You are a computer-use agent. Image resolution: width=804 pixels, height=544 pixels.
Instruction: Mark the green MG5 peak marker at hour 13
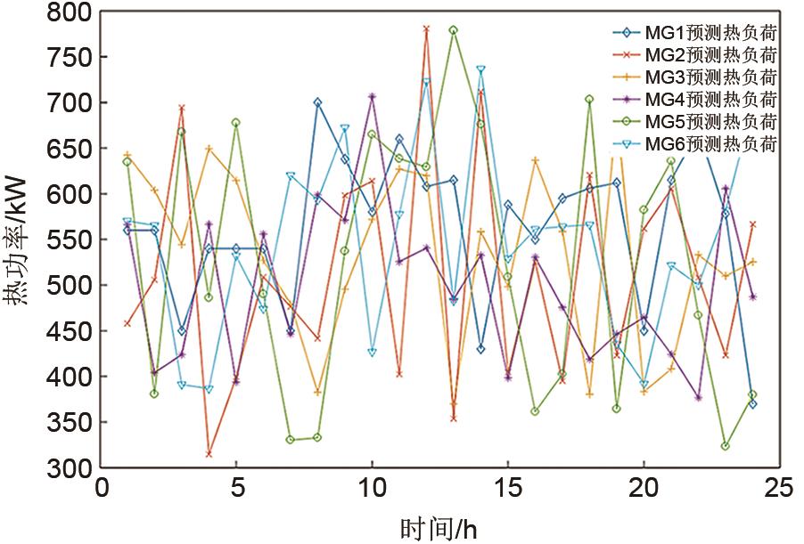(454, 30)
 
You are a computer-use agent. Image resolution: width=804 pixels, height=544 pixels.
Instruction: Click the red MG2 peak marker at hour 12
(426, 28)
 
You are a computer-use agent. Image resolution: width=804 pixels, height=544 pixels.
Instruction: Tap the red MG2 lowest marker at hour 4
(209, 454)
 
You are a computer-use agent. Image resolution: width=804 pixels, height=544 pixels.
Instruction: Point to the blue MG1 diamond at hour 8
(317, 102)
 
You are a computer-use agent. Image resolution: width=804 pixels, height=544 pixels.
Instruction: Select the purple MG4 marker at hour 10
(372, 96)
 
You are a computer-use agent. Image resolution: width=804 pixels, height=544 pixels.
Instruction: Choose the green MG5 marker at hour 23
(726, 446)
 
